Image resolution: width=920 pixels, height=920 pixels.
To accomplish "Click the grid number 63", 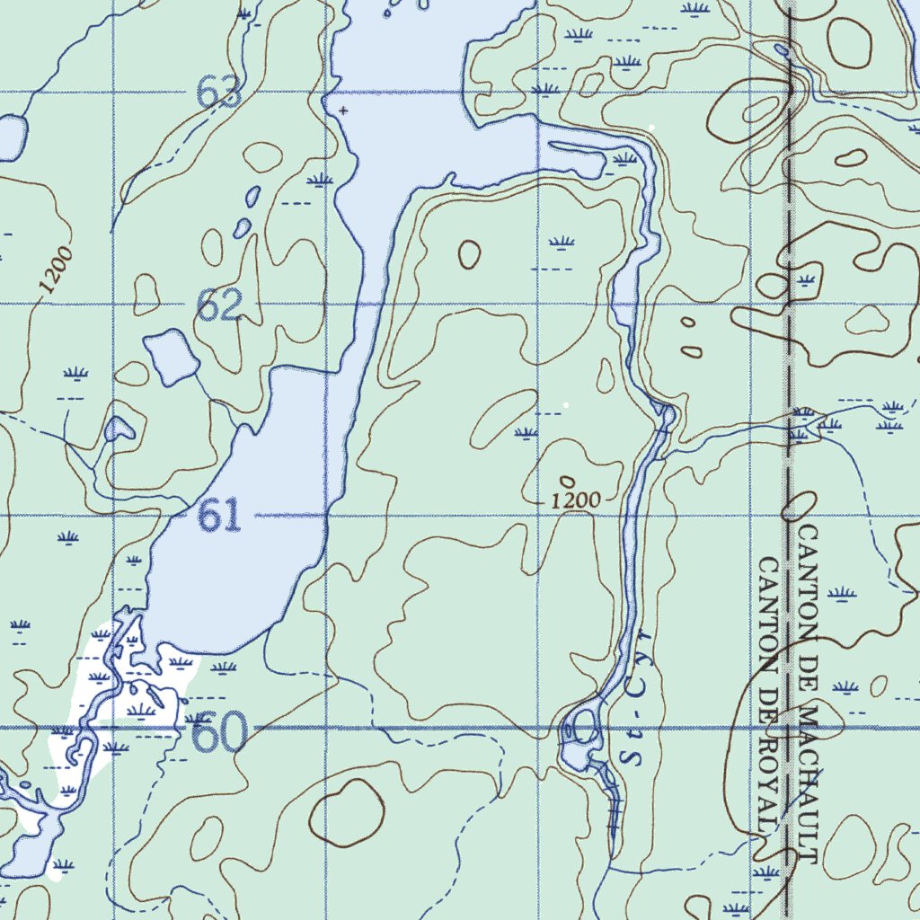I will click(x=220, y=93).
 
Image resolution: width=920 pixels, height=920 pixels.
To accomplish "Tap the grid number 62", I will click(x=219, y=307).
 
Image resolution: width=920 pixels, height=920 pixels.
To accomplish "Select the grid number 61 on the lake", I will click(x=219, y=516).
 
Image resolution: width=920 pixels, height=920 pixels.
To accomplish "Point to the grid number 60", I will click(x=219, y=734).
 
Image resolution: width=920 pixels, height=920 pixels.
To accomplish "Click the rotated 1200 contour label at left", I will click(x=55, y=270).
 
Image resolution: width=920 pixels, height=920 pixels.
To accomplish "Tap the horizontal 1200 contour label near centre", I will click(x=576, y=501).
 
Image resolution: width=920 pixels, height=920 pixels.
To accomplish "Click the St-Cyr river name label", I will click(x=639, y=710).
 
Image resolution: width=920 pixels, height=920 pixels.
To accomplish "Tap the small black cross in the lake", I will click(x=343, y=111).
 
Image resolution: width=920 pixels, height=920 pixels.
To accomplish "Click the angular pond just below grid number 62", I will click(x=171, y=356).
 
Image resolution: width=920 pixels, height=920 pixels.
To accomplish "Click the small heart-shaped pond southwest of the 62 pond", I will click(x=118, y=429).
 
